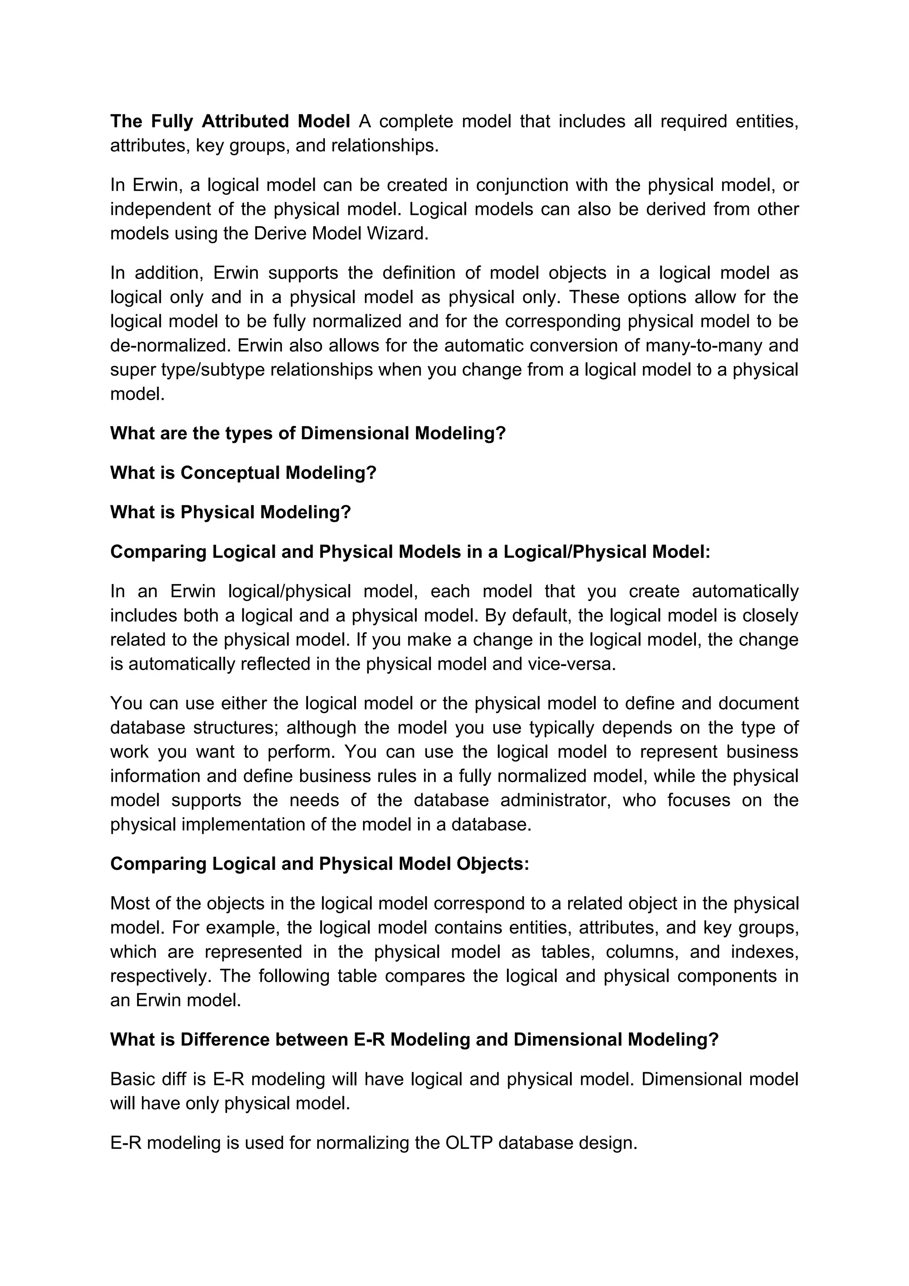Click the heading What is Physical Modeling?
pos(230,512)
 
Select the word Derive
pos(280,233)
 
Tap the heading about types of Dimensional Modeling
pos(308,433)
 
